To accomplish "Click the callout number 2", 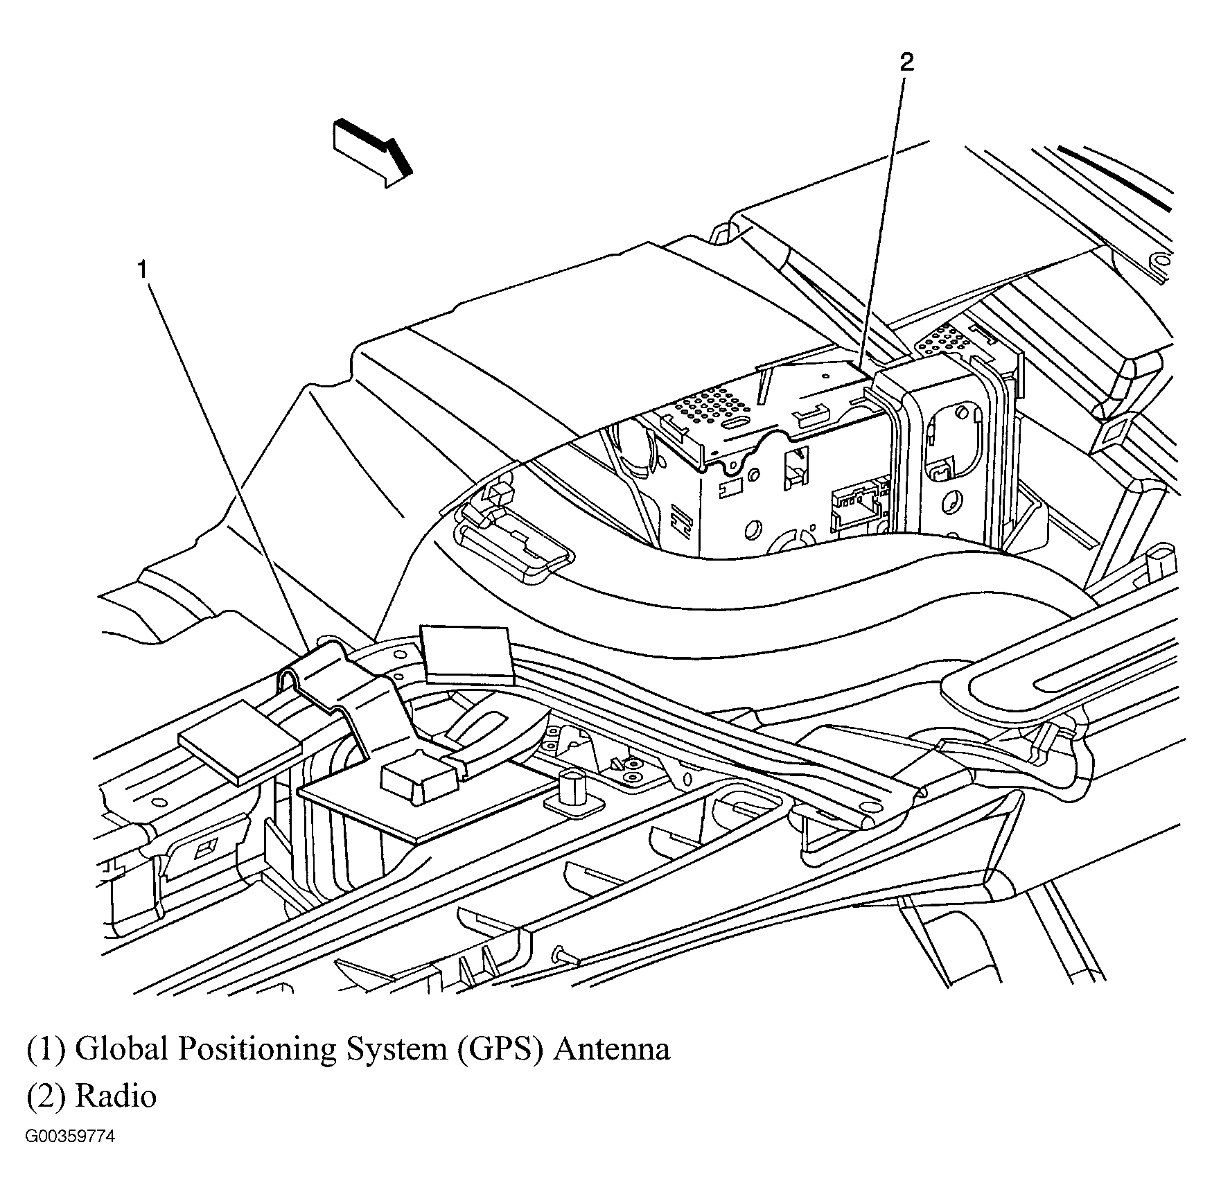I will [906, 62].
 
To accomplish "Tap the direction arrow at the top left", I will [372, 152].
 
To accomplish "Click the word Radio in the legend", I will [116, 1095].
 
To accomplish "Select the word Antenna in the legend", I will [612, 1048].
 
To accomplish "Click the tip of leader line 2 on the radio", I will [858, 368].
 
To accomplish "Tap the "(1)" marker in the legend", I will [46, 1049].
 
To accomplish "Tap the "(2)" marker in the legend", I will [46, 1096].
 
